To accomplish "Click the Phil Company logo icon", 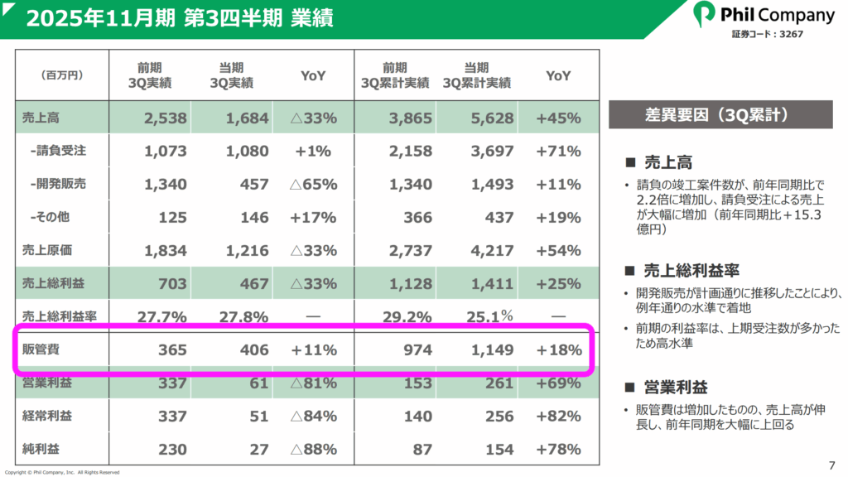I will [x=705, y=14].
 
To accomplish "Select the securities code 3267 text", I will [x=766, y=35].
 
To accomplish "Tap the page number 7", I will [x=831, y=463].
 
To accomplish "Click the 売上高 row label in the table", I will [x=41, y=118].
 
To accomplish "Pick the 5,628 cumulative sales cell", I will [x=493, y=118].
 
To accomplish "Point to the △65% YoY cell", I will [x=313, y=185].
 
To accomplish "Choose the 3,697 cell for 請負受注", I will [x=493, y=152].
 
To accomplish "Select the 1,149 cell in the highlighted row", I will [x=493, y=350].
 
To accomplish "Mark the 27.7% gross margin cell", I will [x=165, y=317].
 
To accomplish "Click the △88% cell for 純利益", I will [x=313, y=450].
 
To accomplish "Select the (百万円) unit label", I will [x=63, y=75].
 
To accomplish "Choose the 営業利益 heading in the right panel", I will [x=677, y=388].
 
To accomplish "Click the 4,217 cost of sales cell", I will [x=493, y=251].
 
